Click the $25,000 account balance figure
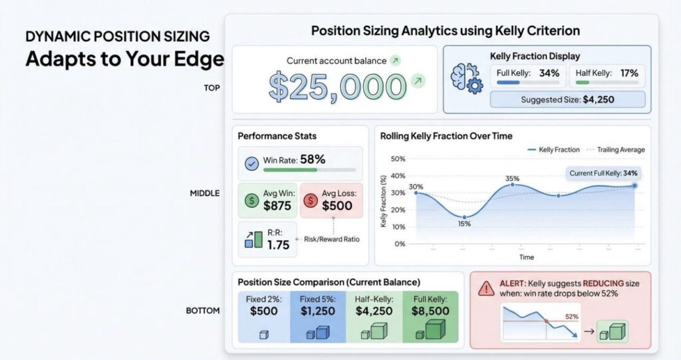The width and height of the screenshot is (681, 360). click(x=337, y=87)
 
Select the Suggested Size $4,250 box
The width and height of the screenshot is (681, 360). click(x=567, y=100)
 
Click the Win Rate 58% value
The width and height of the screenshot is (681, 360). click(x=313, y=160)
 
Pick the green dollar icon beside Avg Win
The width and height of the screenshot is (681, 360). click(x=251, y=200)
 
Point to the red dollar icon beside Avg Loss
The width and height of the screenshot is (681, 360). click(x=311, y=200)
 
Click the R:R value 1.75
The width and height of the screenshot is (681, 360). click(x=279, y=246)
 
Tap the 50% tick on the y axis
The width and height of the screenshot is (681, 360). click(x=398, y=159)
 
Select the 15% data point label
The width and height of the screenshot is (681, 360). click(x=464, y=224)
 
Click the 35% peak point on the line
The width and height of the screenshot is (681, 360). click(x=513, y=185)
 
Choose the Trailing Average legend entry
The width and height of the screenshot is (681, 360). click(x=615, y=150)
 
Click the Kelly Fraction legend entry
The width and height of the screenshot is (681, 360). click(x=554, y=150)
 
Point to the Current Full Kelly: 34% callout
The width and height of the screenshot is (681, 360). click(x=603, y=173)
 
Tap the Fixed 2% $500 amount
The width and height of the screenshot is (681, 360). click(x=263, y=311)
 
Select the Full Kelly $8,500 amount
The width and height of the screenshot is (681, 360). click(x=430, y=311)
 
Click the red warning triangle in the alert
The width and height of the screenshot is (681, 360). click(x=486, y=288)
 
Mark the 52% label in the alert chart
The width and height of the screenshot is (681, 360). click(x=571, y=317)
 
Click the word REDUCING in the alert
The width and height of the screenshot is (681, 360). click(x=603, y=283)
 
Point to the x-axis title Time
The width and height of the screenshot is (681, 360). click(x=527, y=258)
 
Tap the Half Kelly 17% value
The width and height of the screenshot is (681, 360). click(x=629, y=73)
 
